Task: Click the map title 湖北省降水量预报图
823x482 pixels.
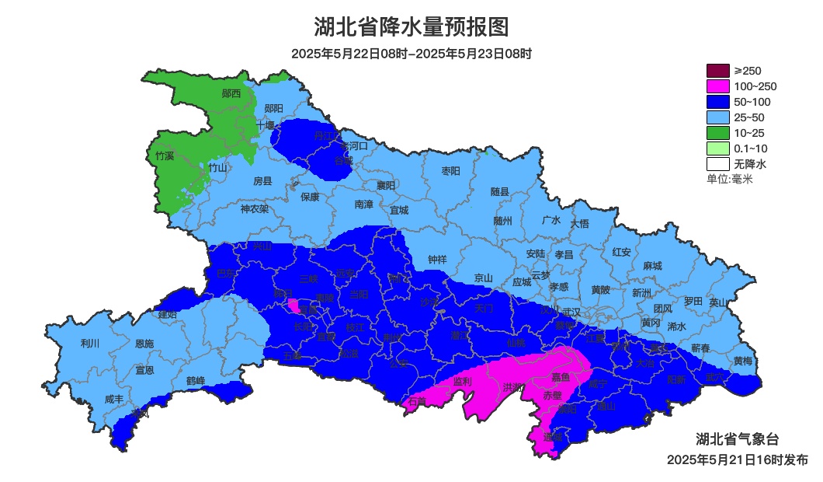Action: tap(411, 27)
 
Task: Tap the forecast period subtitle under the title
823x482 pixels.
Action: tap(411, 54)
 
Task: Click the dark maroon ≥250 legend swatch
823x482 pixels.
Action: tap(717, 71)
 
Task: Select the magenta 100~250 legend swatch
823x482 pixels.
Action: tap(717, 86)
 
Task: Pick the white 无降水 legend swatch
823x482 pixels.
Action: tap(717, 164)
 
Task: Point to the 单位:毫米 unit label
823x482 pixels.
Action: tap(729, 179)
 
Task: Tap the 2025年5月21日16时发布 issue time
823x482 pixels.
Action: tap(737, 459)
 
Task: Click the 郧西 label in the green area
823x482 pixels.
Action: tap(231, 93)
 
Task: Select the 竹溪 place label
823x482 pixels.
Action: tap(165, 155)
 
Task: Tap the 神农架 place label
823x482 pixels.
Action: tap(254, 209)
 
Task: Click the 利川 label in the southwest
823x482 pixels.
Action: tap(90, 343)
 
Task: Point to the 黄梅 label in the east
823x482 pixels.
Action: tap(742, 361)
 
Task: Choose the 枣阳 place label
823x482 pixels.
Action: tap(450, 170)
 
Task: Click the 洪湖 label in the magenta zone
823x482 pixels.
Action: tap(512, 386)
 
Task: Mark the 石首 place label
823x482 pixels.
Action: tap(417, 401)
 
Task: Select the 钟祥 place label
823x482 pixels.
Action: tap(438, 260)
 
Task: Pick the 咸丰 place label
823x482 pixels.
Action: tap(114, 400)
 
